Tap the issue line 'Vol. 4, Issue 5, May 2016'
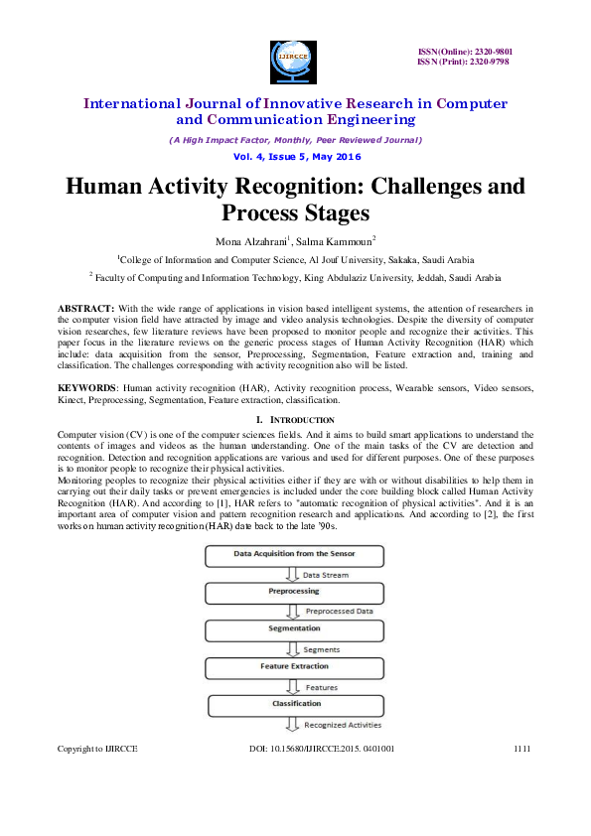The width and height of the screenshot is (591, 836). [x=295, y=157]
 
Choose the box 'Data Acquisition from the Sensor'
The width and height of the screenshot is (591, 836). [x=294, y=553]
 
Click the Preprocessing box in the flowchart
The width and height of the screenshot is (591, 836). [x=294, y=592]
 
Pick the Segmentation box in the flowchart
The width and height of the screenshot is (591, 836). [x=294, y=628]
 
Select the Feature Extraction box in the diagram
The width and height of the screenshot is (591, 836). [x=294, y=666]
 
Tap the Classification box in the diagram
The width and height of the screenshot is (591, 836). [x=294, y=704]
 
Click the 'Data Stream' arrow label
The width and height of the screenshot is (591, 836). [x=325, y=574]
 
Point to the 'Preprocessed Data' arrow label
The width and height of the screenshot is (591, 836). [x=339, y=612]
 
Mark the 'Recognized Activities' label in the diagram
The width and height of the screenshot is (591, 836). [x=343, y=725]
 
